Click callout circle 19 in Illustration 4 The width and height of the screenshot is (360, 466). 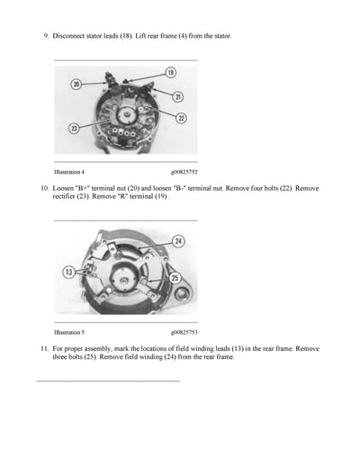point(170,71)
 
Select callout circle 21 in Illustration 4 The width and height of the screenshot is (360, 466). point(178,96)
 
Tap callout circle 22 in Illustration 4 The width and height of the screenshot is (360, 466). point(181,118)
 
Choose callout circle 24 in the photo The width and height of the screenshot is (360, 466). point(178,241)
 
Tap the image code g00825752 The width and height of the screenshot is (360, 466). point(184,170)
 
